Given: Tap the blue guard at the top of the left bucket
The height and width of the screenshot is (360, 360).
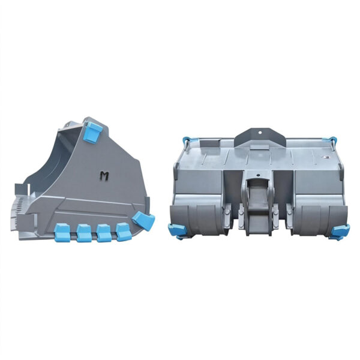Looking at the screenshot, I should (x=91, y=131).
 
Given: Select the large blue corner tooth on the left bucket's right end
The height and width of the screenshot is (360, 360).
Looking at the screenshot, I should (x=143, y=221).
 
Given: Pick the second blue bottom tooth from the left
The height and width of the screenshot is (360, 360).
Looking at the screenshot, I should (x=85, y=233).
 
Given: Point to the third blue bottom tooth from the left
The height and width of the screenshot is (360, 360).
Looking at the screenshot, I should (x=104, y=232).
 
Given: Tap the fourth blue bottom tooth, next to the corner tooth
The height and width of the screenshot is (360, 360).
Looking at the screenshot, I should (x=123, y=231).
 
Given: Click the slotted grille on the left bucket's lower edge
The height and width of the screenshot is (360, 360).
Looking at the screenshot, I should (x=24, y=206).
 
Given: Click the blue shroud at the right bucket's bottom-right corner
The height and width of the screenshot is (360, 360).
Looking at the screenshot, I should (x=340, y=230).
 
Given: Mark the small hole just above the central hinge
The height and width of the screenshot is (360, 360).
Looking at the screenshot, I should (x=259, y=175).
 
